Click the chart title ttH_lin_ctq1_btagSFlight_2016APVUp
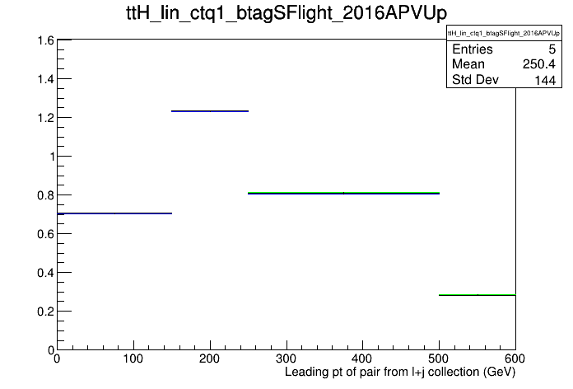click(286, 13)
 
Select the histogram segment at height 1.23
click(210, 111)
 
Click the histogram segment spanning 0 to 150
click(114, 213)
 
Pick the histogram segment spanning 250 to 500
click(343, 193)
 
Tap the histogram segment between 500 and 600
click(477, 294)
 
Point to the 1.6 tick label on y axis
click(45, 40)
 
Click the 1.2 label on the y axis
click(45, 118)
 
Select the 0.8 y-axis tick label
click(45, 195)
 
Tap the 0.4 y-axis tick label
click(45, 273)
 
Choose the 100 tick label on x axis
click(133, 359)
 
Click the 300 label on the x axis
click(286, 359)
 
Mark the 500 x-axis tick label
click(439, 359)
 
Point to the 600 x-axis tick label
click(515, 359)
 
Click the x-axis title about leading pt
click(400, 373)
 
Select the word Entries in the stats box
click(473, 49)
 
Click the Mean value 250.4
click(539, 64)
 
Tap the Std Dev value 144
click(545, 80)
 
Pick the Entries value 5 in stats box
click(552, 49)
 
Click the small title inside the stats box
click(504, 33)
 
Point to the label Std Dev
click(475, 79)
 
